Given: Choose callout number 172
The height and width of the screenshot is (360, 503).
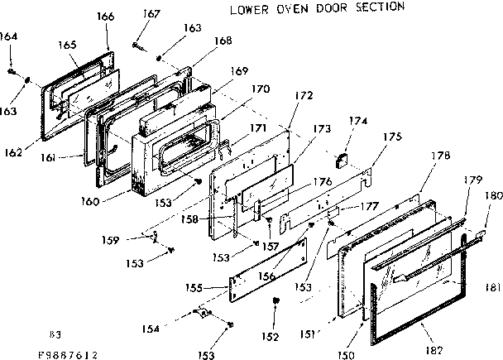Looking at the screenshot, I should [303, 96].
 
